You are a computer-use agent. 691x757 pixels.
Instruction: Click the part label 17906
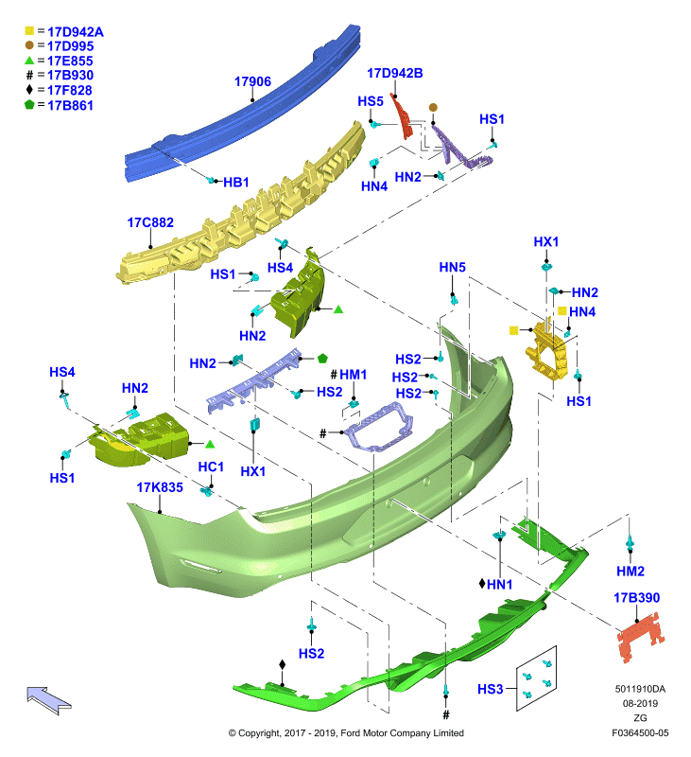coord(252,81)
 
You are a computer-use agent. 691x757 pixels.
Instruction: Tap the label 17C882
coord(150,222)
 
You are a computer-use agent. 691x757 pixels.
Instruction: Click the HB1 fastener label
coord(235,182)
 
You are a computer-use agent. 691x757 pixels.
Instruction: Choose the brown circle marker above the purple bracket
coord(433,107)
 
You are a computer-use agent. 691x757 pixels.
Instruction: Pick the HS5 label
coord(371,101)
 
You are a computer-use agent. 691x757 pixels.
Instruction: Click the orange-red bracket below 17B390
coord(641,637)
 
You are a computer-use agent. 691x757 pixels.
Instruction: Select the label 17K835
coord(160,487)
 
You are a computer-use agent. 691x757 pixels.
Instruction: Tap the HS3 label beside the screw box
coord(490,690)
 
